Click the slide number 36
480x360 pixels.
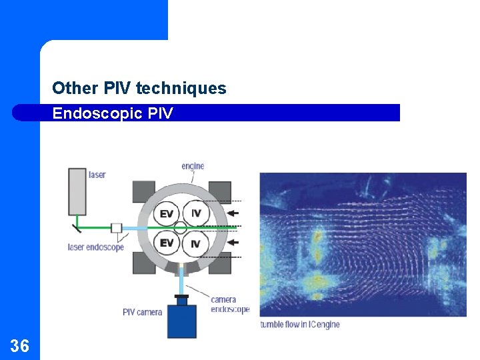[19, 345]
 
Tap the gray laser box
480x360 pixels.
[77, 191]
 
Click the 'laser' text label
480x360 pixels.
[97, 175]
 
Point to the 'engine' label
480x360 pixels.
[193, 166]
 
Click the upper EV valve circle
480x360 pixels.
[167, 214]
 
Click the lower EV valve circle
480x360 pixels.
[167, 243]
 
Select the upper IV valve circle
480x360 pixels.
[196, 213]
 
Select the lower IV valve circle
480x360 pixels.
[195, 244]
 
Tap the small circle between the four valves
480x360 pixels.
[181, 228]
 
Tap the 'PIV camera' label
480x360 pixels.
[142, 312]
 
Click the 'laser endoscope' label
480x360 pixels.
[96, 247]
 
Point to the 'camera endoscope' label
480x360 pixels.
[230, 304]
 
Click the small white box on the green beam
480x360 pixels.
[117, 228]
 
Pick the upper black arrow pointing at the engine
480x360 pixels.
[233, 213]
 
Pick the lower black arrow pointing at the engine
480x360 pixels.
[233, 243]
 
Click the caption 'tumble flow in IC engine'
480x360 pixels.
[299, 325]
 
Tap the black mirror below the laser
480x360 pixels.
[78, 227]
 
